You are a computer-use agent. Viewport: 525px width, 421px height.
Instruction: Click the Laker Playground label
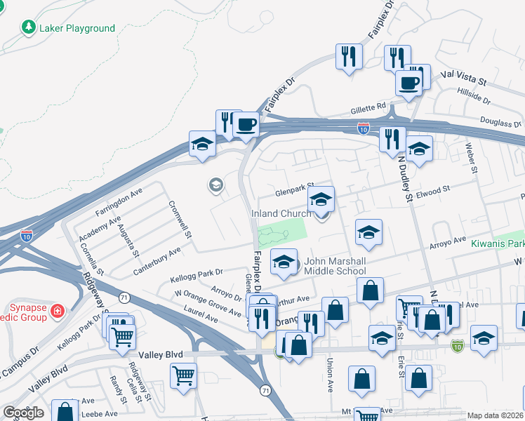[77, 28]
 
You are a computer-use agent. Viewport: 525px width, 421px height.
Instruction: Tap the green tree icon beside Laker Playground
[29, 28]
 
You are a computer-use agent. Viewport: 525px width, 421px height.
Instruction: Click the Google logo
[23, 413]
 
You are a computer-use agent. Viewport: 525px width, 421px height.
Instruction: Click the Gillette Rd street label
[368, 109]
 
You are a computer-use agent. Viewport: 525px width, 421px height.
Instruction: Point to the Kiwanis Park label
[498, 243]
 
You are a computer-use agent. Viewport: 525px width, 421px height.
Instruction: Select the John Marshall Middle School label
[335, 265]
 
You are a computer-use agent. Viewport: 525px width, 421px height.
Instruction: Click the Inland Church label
[281, 213]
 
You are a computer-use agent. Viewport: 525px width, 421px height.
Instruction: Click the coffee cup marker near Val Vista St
[408, 83]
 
